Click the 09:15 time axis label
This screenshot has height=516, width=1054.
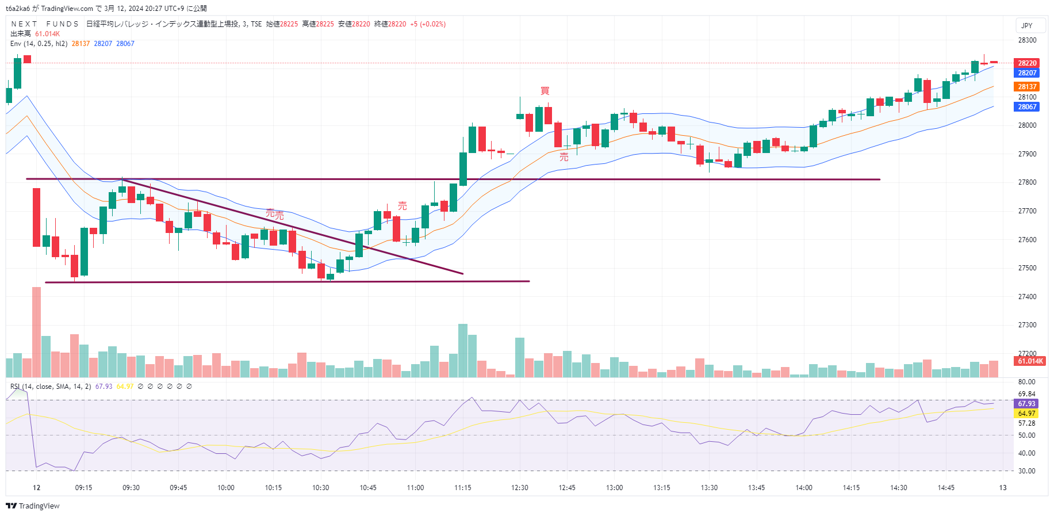click(x=83, y=488)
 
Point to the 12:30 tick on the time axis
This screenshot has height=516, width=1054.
click(x=519, y=488)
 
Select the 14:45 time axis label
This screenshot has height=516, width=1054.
click(x=946, y=488)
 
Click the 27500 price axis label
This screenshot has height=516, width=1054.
click(x=1027, y=268)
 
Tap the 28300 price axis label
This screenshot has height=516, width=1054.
click(x=1027, y=40)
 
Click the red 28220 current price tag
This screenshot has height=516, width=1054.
click(x=1027, y=63)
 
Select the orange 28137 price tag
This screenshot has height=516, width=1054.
click(x=1027, y=87)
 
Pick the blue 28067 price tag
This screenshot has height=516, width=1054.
click(x=1027, y=107)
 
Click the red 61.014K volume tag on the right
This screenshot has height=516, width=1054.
click(x=1030, y=361)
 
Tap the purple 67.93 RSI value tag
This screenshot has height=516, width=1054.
click(x=1026, y=404)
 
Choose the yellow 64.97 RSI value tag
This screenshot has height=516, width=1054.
click(x=1026, y=414)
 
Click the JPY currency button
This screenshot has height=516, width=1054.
click(x=1026, y=26)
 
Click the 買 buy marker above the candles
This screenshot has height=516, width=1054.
click(x=545, y=91)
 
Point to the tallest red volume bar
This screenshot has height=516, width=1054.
click(x=36, y=332)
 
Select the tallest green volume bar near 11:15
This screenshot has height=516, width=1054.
click(x=462, y=350)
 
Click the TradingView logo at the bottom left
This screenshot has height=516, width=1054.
click(x=33, y=506)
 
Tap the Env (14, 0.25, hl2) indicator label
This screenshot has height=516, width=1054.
click(x=39, y=44)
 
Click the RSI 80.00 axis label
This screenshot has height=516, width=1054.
click(x=1026, y=382)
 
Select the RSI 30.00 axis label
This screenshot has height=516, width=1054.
click(x=1026, y=471)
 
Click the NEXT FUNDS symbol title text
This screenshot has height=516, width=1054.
click(x=45, y=24)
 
